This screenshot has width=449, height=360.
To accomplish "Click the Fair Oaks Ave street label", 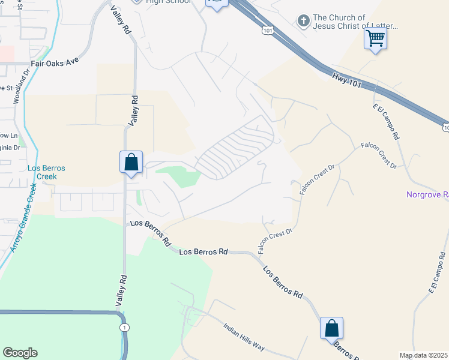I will coord(55,61).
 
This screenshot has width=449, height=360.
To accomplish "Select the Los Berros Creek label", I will coord(46,172).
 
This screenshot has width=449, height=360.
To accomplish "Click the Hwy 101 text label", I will coord(346,80).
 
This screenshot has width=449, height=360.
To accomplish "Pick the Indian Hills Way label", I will coord(244,337).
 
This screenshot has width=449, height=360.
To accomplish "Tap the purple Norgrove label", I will coord(427,194).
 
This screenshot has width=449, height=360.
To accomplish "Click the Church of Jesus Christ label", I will coord(355,22).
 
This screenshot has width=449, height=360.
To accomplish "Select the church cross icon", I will coord(304,22).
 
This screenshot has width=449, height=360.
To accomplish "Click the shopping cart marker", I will coord(376,39).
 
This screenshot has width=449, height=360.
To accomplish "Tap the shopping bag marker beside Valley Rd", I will coord(131,163).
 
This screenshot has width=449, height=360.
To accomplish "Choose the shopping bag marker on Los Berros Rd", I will coord(331,329).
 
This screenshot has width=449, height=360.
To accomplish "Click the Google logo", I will coord(20,353).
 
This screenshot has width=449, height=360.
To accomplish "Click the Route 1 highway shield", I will coord(124,328).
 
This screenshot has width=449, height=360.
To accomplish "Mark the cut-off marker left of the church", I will coord(217,4).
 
